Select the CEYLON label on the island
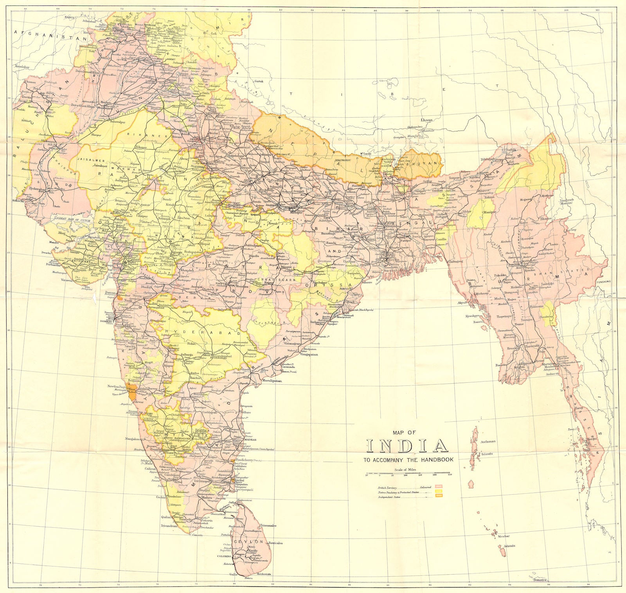click(x=248, y=542)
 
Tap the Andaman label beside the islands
click(x=487, y=441)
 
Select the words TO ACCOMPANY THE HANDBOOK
click(x=408, y=460)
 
